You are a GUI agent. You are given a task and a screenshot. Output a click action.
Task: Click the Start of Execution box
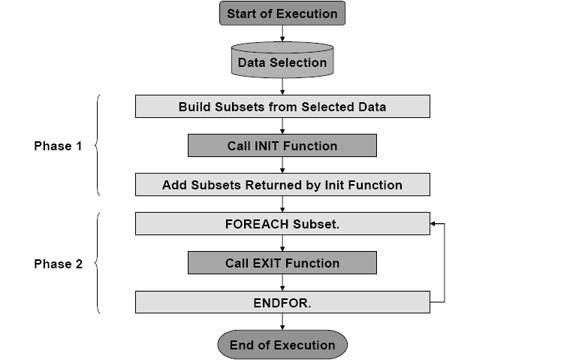[x=282, y=13]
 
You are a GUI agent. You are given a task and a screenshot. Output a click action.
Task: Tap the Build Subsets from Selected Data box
[x=282, y=107]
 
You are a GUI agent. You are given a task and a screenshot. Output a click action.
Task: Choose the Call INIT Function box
[x=282, y=146]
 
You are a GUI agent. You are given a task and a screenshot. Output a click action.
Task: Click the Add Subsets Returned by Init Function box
[x=282, y=185]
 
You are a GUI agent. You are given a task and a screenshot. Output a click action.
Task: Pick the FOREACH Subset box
[x=282, y=224]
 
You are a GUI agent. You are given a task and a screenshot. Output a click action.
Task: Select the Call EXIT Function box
[x=282, y=263]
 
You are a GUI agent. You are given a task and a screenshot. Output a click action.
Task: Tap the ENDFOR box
[x=282, y=302]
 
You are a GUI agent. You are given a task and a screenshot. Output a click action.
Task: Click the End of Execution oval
[x=282, y=345]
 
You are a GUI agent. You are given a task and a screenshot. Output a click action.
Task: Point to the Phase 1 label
[x=58, y=146]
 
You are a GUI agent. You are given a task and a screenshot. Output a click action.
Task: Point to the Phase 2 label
[x=58, y=264]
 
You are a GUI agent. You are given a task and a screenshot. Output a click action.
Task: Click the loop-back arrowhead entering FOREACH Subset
[x=434, y=224]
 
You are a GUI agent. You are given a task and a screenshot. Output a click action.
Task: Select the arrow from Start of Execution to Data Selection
[x=282, y=33]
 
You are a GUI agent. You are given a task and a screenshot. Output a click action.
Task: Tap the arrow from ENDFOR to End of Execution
[x=282, y=322]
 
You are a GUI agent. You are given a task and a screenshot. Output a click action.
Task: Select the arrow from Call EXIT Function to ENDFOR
[x=282, y=283]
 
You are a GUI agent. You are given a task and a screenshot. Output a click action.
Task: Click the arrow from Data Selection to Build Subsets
[x=282, y=86]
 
